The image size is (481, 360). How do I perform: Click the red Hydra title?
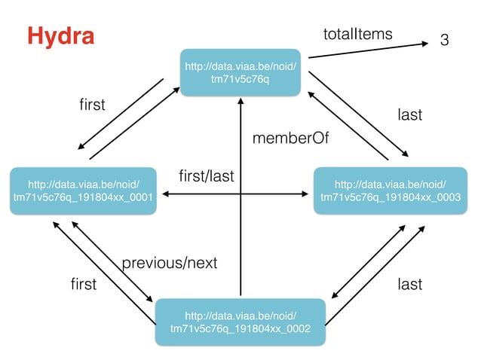click(60, 35)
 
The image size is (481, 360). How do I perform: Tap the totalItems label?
click(358, 33)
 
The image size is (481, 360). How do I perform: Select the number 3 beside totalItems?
click(445, 39)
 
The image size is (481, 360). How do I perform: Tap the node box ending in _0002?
click(240, 321)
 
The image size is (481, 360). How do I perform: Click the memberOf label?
click(291, 139)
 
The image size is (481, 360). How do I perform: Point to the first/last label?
click(207, 177)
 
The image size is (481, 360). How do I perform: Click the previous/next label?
click(169, 263)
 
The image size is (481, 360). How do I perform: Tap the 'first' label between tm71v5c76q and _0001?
click(92, 104)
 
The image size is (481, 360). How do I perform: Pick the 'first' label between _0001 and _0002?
click(83, 284)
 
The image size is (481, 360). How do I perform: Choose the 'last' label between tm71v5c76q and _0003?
click(409, 114)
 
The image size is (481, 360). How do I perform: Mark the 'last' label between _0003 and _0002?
click(409, 284)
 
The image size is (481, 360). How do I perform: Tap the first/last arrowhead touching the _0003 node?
click(308, 195)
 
